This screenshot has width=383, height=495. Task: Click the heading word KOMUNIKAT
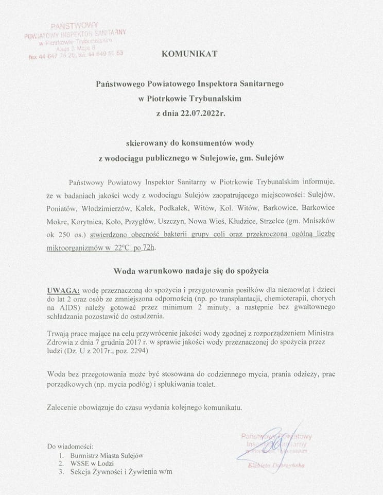coord(190,53)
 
